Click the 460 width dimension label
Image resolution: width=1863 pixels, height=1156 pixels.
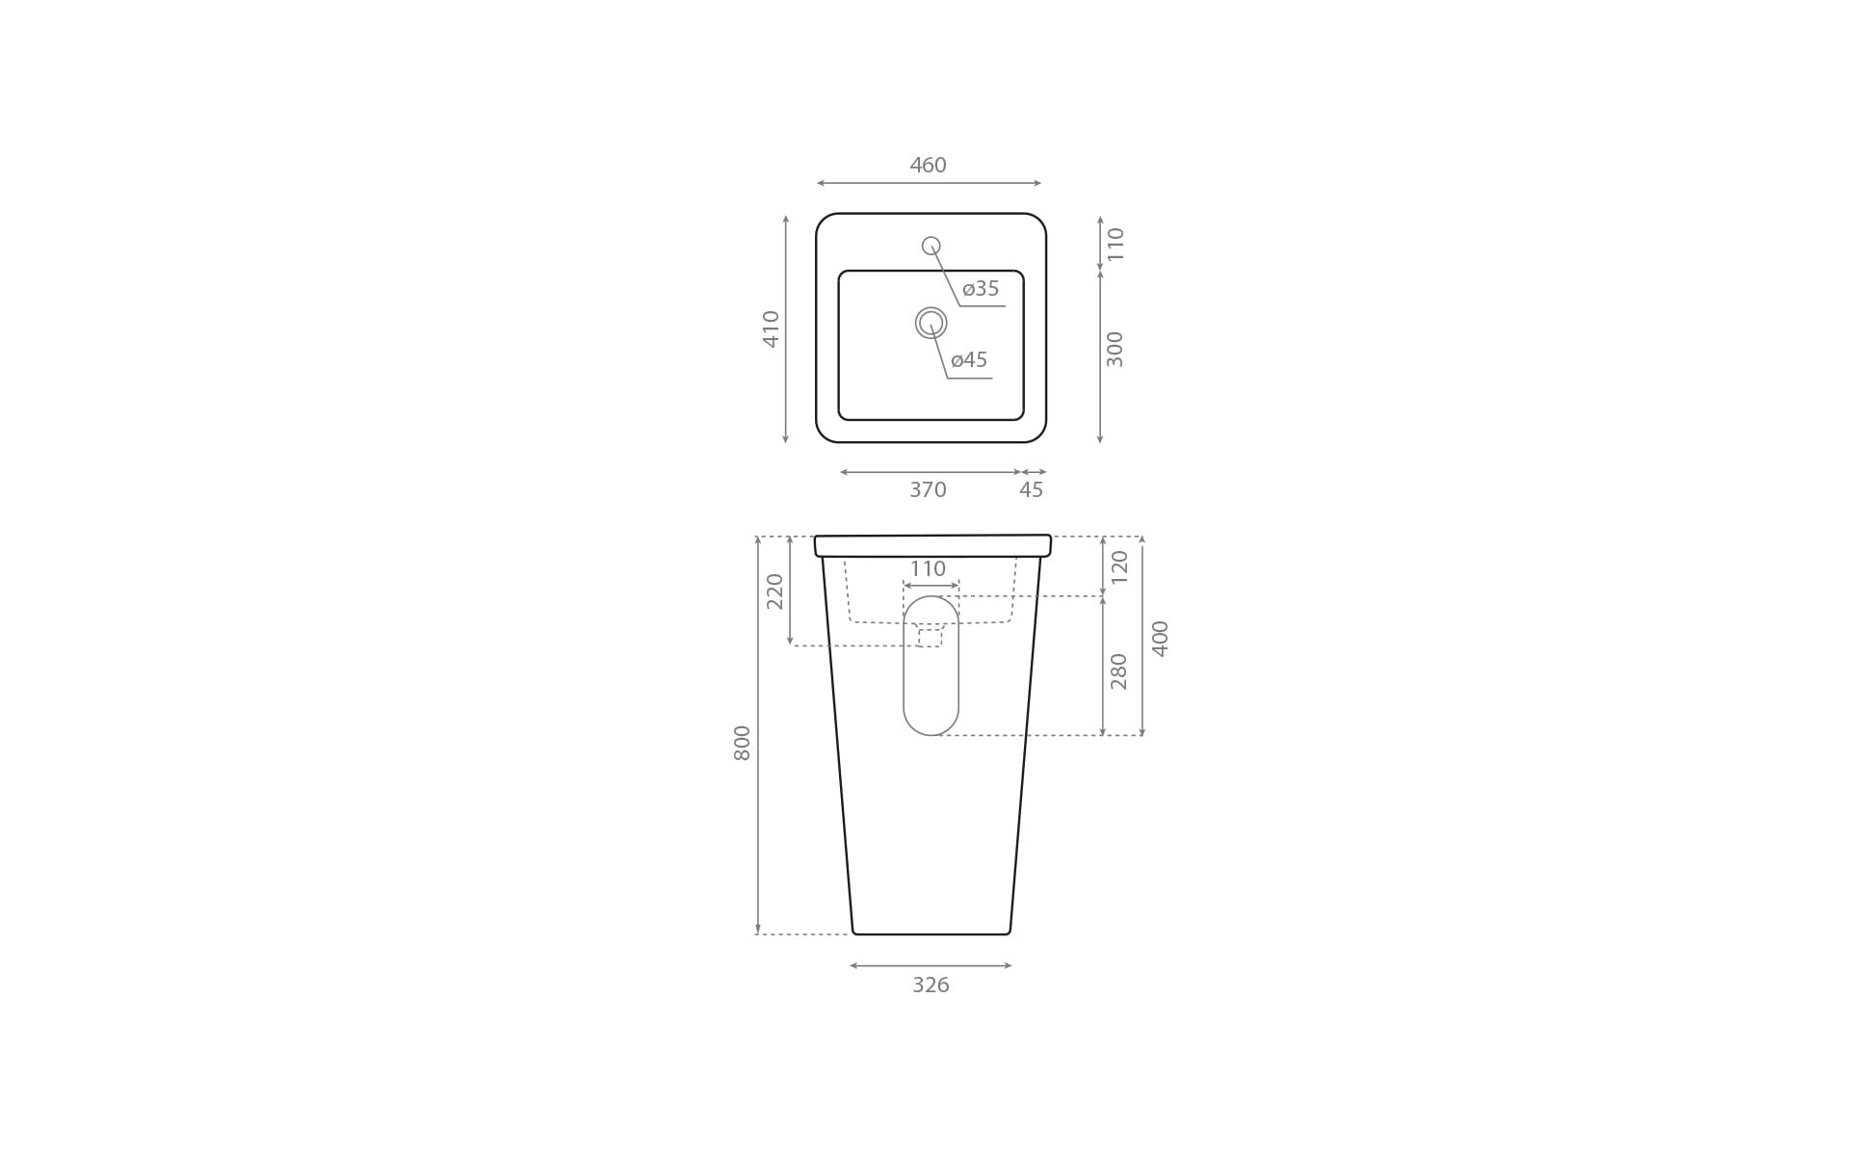click(928, 165)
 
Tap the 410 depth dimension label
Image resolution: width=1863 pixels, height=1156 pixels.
click(771, 328)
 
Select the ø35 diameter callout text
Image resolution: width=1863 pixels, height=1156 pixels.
click(981, 288)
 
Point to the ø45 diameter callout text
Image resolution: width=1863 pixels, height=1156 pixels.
click(969, 359)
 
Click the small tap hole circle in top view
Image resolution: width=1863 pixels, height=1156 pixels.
click(931, 246)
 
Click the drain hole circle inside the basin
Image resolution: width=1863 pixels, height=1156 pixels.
click(931, 323)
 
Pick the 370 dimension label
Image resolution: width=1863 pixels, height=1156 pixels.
click(928, 489)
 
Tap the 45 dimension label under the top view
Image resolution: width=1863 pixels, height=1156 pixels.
click(1031, 489)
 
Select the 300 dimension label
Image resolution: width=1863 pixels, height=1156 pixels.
click(1115, 349)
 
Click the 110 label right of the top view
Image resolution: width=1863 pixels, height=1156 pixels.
click(1115, 244)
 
